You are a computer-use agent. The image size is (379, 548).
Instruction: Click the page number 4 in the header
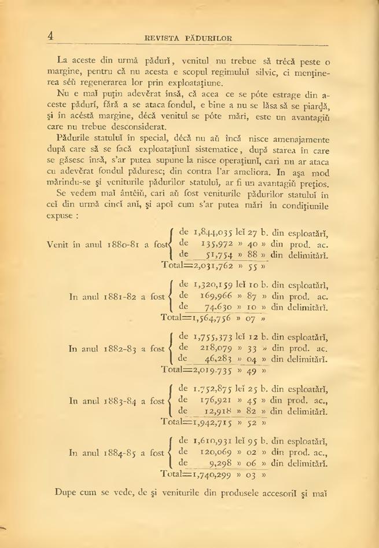click(51, 36)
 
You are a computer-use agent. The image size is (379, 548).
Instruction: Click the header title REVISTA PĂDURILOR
click(189, 38)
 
